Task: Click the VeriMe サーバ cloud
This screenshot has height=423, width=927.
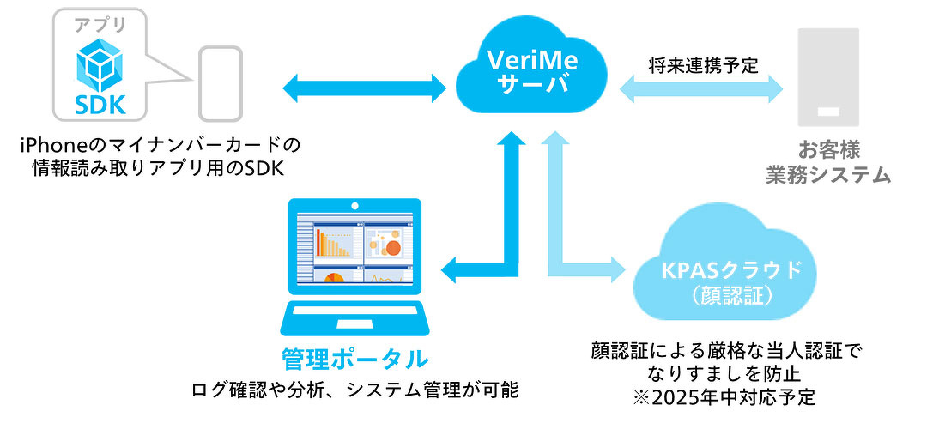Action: pos(532,71)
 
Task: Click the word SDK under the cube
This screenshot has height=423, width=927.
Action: pos(100,105)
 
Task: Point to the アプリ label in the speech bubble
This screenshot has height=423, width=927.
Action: pos(100,26)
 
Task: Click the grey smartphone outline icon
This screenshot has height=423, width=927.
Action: pos(220,84)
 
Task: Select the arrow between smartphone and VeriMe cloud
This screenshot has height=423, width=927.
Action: pos(364,88)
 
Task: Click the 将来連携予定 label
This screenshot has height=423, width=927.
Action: pos(702,64)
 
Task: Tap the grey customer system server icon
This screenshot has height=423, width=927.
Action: pos(828,77)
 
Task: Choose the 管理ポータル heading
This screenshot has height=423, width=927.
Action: pos(354,359)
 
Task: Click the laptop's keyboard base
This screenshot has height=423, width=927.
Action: pos(354,318)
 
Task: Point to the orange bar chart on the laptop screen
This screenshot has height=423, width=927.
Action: pos(334,242)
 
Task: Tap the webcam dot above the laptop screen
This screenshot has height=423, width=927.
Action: pos(354,206)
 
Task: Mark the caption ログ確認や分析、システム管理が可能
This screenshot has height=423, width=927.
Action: pos(354,390)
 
